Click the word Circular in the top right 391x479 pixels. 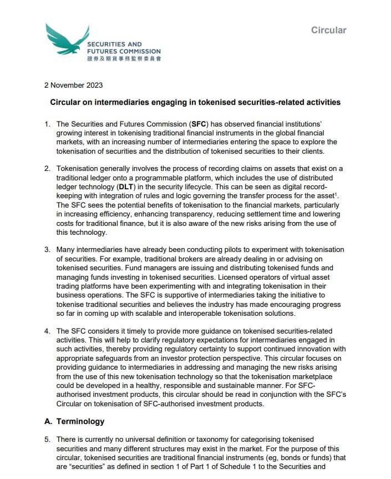coord(328,30)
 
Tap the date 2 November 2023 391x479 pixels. coord(73,85)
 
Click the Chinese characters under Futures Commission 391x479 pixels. coord(124,58)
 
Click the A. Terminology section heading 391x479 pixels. coord(74,421)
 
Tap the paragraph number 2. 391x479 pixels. coord(47,169)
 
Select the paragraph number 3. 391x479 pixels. coord(47,250)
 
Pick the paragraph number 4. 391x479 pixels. coord(47,331)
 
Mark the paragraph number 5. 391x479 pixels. coord(47,439)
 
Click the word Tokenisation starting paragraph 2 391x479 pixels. coord(78,169)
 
